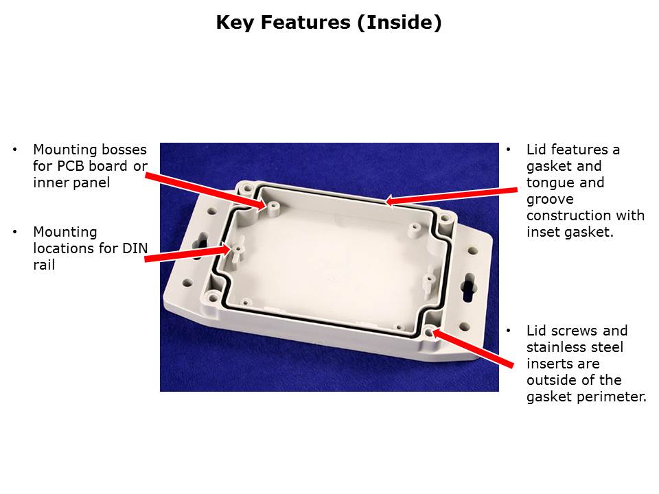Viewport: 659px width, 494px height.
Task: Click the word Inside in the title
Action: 401,22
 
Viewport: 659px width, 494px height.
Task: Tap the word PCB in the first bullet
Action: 71,166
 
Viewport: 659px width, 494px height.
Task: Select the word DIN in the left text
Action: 135,248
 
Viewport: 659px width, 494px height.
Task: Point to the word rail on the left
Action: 44,265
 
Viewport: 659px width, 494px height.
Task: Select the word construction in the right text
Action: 569,215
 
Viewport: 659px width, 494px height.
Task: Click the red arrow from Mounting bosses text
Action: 207,191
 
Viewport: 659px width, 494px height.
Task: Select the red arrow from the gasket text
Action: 451,196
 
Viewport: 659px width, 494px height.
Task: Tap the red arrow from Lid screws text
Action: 473,349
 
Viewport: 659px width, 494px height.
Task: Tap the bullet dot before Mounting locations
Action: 15,232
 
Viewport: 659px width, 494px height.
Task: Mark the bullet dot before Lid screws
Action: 509,331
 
